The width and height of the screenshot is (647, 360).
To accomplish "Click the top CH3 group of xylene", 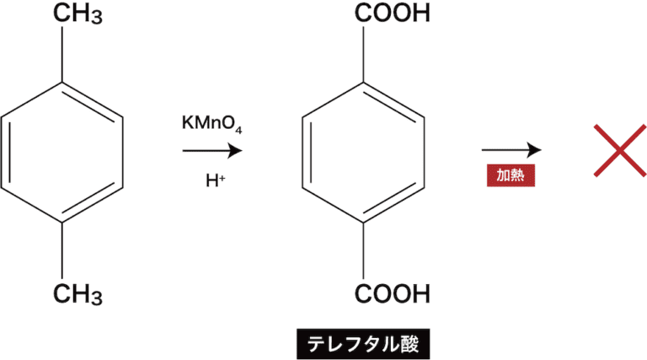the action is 78,13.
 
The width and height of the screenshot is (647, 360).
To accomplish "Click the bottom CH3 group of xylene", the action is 78,294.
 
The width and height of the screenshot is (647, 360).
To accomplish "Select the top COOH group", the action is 393,13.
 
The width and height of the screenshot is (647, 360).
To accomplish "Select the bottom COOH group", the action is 393,293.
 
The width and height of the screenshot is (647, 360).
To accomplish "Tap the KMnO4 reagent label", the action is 211,123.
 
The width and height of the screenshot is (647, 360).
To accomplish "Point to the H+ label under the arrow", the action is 216,180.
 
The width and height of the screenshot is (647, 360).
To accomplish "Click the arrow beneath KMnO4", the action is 212,151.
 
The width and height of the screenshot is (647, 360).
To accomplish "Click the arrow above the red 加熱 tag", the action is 511,150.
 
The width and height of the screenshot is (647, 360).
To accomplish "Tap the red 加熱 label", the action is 511,175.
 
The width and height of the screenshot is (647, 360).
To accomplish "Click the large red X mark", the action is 620,151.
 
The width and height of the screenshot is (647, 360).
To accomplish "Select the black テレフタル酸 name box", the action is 363,344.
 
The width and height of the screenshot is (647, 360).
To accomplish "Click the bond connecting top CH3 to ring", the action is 62,54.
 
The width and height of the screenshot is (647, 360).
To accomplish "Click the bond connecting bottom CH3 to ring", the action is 62,251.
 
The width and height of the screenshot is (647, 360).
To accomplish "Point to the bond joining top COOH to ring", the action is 364,54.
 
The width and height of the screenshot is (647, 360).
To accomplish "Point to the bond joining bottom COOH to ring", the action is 364,251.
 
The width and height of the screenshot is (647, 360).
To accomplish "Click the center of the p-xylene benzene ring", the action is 62,153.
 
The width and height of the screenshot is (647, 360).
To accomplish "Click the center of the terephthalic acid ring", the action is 364,153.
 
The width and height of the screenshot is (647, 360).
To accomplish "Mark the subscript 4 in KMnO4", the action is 238,130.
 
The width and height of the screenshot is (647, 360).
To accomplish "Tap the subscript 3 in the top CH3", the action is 96,18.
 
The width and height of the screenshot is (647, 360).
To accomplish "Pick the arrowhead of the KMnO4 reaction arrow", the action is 236,151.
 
